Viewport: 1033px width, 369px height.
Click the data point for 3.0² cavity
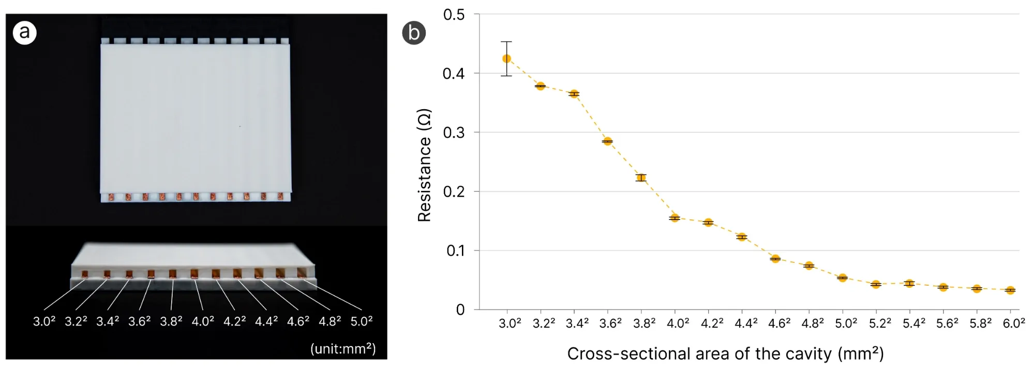point(506,58)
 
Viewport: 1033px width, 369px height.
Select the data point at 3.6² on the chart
point(607,141)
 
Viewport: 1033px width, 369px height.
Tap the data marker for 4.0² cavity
point(675,218)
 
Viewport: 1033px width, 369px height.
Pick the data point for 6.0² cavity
point(1010,290)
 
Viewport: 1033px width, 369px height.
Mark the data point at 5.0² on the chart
point(842,278)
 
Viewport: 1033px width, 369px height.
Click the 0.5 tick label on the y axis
point(454,15)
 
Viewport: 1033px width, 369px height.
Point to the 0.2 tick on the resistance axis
point(454,192)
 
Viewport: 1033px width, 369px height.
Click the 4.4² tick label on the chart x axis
point(746,323)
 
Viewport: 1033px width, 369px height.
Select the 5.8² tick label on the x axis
point(980,323)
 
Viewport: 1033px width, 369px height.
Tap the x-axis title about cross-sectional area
point(725,353)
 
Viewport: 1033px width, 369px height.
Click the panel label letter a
point(24,33)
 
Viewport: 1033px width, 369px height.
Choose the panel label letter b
point(414,33)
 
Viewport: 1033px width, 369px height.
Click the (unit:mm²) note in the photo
point(342,348)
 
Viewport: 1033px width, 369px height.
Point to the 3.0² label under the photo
point(44,321)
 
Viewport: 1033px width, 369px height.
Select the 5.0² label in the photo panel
point(362,321)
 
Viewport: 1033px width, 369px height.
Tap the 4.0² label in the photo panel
point(203,321)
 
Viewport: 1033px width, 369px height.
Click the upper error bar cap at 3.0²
point(506,42)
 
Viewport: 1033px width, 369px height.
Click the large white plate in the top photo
point(196,119)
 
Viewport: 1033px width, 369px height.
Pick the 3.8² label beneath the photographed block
point(171,321)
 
